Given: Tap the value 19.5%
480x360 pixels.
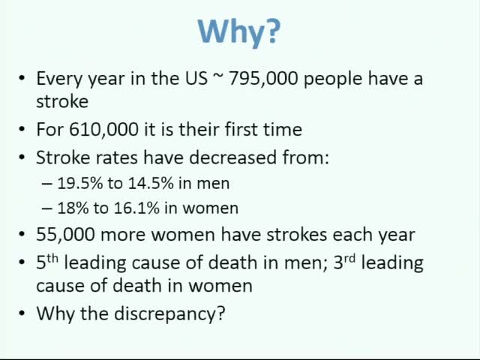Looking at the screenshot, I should pyautogui.click(x=80, y=183).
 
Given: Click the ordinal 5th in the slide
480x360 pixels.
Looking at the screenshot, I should pyautogui.click(x=46, y=262).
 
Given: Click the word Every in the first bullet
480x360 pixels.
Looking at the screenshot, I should pyautogui.click(x=58, y=79).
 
